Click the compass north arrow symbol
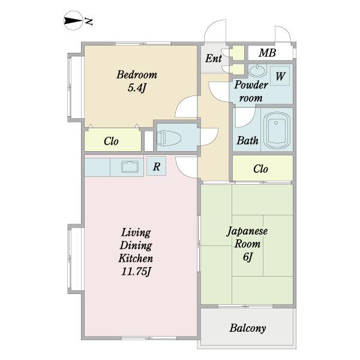tap(73, 21)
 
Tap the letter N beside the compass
tap(88, 21)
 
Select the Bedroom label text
tap(137, 74)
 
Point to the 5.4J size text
tap(137, 88)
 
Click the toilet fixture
tap(169, 138)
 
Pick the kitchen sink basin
tap(130, 167)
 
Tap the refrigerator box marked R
tap(157, 166)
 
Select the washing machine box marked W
tap(280, 76)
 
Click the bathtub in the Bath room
tap(277, 130)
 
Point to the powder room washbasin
tap(257, 70)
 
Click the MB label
tap(267, 53)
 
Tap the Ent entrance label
tap(214, 58)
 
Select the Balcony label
tap(248, 328)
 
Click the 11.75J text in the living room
tap(136, 272)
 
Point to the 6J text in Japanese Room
tap(247, 257)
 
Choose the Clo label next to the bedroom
tap(111, 141)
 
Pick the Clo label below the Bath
tap(260, 169)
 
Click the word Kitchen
tap(136, 259)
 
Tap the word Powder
tap(251, 85)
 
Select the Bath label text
tap(247, 140)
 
